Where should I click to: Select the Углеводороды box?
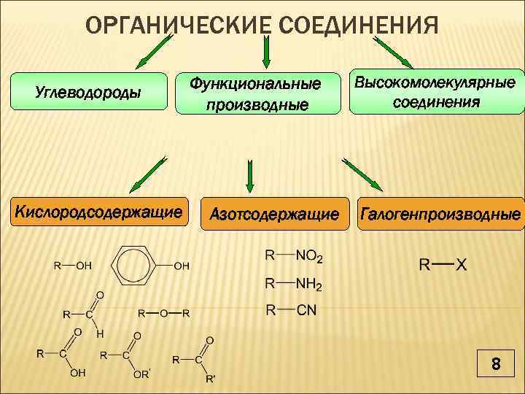88,93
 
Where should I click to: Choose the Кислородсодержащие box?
99,212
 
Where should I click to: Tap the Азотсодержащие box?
273,215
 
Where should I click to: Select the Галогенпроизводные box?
440,215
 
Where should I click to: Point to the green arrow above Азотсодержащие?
250,176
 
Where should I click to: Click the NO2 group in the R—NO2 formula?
309,257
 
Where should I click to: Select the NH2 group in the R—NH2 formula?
309,284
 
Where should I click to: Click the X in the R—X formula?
461,265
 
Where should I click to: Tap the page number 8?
496,363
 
